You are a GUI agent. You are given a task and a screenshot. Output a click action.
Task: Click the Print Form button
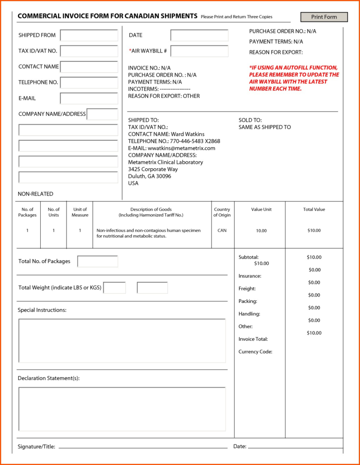(324, 17)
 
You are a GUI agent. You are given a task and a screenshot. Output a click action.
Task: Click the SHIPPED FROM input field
(89, 35)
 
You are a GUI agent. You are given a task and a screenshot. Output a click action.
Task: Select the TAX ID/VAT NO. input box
(89, 51)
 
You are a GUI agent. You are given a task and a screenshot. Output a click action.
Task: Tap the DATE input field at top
(199, 35)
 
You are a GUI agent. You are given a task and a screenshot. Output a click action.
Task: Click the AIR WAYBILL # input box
(199, 51)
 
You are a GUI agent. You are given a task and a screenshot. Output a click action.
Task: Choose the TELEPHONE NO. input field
(89, 82)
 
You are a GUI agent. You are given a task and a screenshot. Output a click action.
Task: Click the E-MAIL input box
(89, 98)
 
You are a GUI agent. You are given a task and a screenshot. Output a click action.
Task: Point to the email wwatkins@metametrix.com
(181, 148)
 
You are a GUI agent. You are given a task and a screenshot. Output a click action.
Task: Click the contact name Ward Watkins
(187, 134)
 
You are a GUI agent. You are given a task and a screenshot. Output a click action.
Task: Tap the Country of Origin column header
(222, 212)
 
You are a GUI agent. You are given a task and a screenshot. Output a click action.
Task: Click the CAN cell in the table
(222, 231)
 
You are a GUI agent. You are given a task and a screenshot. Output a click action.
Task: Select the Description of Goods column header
(151, 212)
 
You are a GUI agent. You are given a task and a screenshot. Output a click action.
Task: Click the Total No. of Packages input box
(97, 262)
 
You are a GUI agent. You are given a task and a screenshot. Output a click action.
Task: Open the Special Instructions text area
(122, 341)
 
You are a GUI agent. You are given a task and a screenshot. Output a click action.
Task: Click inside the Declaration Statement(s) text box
(122, 409)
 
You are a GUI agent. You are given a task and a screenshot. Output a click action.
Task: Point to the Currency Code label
(255, 352)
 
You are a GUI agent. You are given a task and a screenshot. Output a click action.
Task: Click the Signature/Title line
(141, 447)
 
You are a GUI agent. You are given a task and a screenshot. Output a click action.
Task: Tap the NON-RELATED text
(36, 194)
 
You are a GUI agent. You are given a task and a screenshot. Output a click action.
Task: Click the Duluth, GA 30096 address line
(150, 176)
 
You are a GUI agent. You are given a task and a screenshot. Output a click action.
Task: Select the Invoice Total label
(253, 339)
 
